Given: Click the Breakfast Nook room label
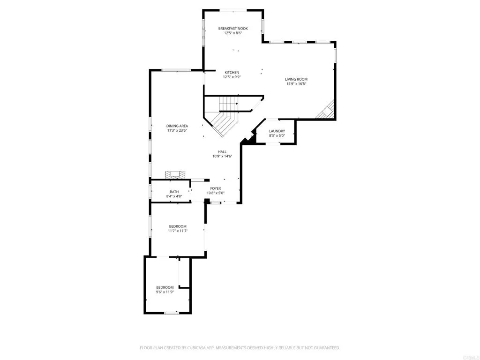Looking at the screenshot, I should (x=233, y=29).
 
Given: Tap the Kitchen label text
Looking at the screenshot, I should (x=232, y=73).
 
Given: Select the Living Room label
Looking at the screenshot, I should (x=296, y=79).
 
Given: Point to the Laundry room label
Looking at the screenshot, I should (x=277, y=131).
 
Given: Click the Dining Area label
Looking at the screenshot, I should (x=177, y=126).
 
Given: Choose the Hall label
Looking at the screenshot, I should (x=222, y=152).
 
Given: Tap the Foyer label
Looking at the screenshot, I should (x=216, y=188).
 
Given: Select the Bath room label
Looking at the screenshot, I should (x=174, y=192).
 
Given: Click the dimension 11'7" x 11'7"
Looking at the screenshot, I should (x=178, y=231).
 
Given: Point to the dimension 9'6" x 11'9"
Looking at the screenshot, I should (x=165, y=292).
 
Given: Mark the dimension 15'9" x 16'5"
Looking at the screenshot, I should (x=296, y=84).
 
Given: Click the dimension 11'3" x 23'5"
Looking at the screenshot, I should (x=177, y=131).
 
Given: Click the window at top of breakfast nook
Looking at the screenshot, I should (x=233, y=9).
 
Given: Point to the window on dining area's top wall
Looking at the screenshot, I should (x=176, y=70).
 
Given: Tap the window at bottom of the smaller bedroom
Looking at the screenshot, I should (x=172, y=313).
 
